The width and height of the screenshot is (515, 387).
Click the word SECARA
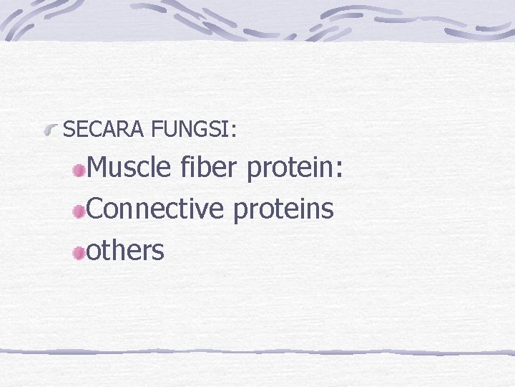coord(105,130)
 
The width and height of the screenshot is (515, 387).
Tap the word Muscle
coord(129,168)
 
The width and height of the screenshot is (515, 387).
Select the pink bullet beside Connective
coord(79,211)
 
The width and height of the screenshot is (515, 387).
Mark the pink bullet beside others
coord(79,252)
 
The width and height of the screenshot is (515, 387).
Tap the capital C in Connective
coord(94,209)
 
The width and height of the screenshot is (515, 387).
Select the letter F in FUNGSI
coord(157,130)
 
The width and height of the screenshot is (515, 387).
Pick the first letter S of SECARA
coord(69,130)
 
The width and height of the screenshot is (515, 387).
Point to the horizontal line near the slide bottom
coord(257,352)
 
